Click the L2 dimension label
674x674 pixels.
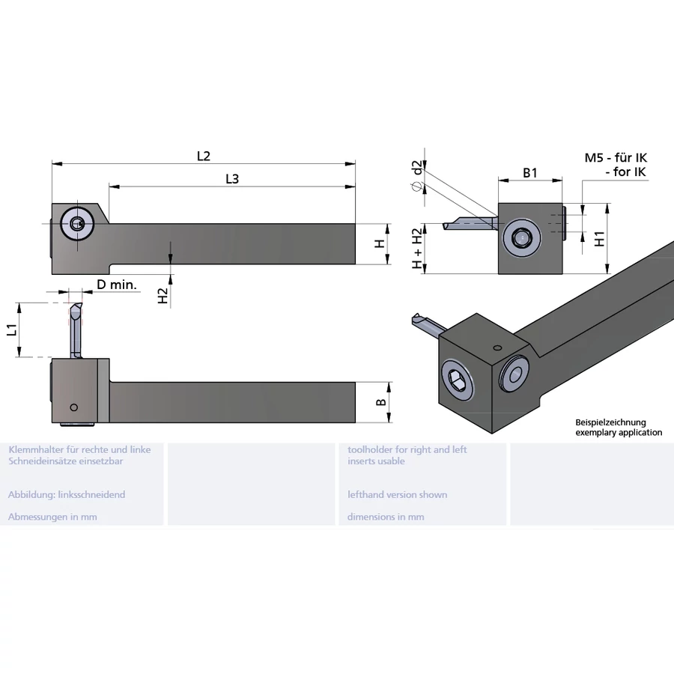[x=204, y=156]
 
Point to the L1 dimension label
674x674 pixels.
[x=10, y=330]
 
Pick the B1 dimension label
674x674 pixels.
[x=530, y=173]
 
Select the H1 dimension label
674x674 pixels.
[x=599, y=239]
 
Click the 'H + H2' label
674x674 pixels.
[x=417, y=249]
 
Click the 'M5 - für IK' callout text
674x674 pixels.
[x=616, y=158]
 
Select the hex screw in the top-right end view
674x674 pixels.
[x=522, y=239]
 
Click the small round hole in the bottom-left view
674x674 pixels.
[x=73, y=407]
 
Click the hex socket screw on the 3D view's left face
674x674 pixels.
[x=458, y=381]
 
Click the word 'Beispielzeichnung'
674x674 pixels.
[x=610, y=422]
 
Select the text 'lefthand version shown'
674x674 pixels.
[x=397, y=495]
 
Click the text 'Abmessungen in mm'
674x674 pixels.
[x=52, y=517]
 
